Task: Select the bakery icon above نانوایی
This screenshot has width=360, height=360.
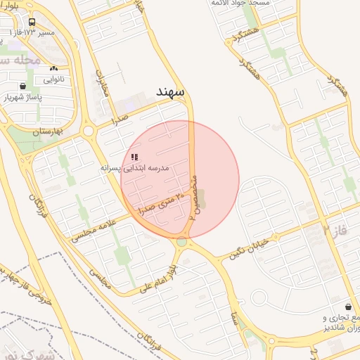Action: coord(53,69)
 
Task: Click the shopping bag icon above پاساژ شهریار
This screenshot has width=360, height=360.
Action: coord(23,86)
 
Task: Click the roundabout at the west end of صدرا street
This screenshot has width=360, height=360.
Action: coord(88,131)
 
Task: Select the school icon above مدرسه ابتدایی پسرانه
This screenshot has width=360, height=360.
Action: coord(134,157)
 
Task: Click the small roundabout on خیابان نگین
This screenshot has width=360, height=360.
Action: coord(259,296)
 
